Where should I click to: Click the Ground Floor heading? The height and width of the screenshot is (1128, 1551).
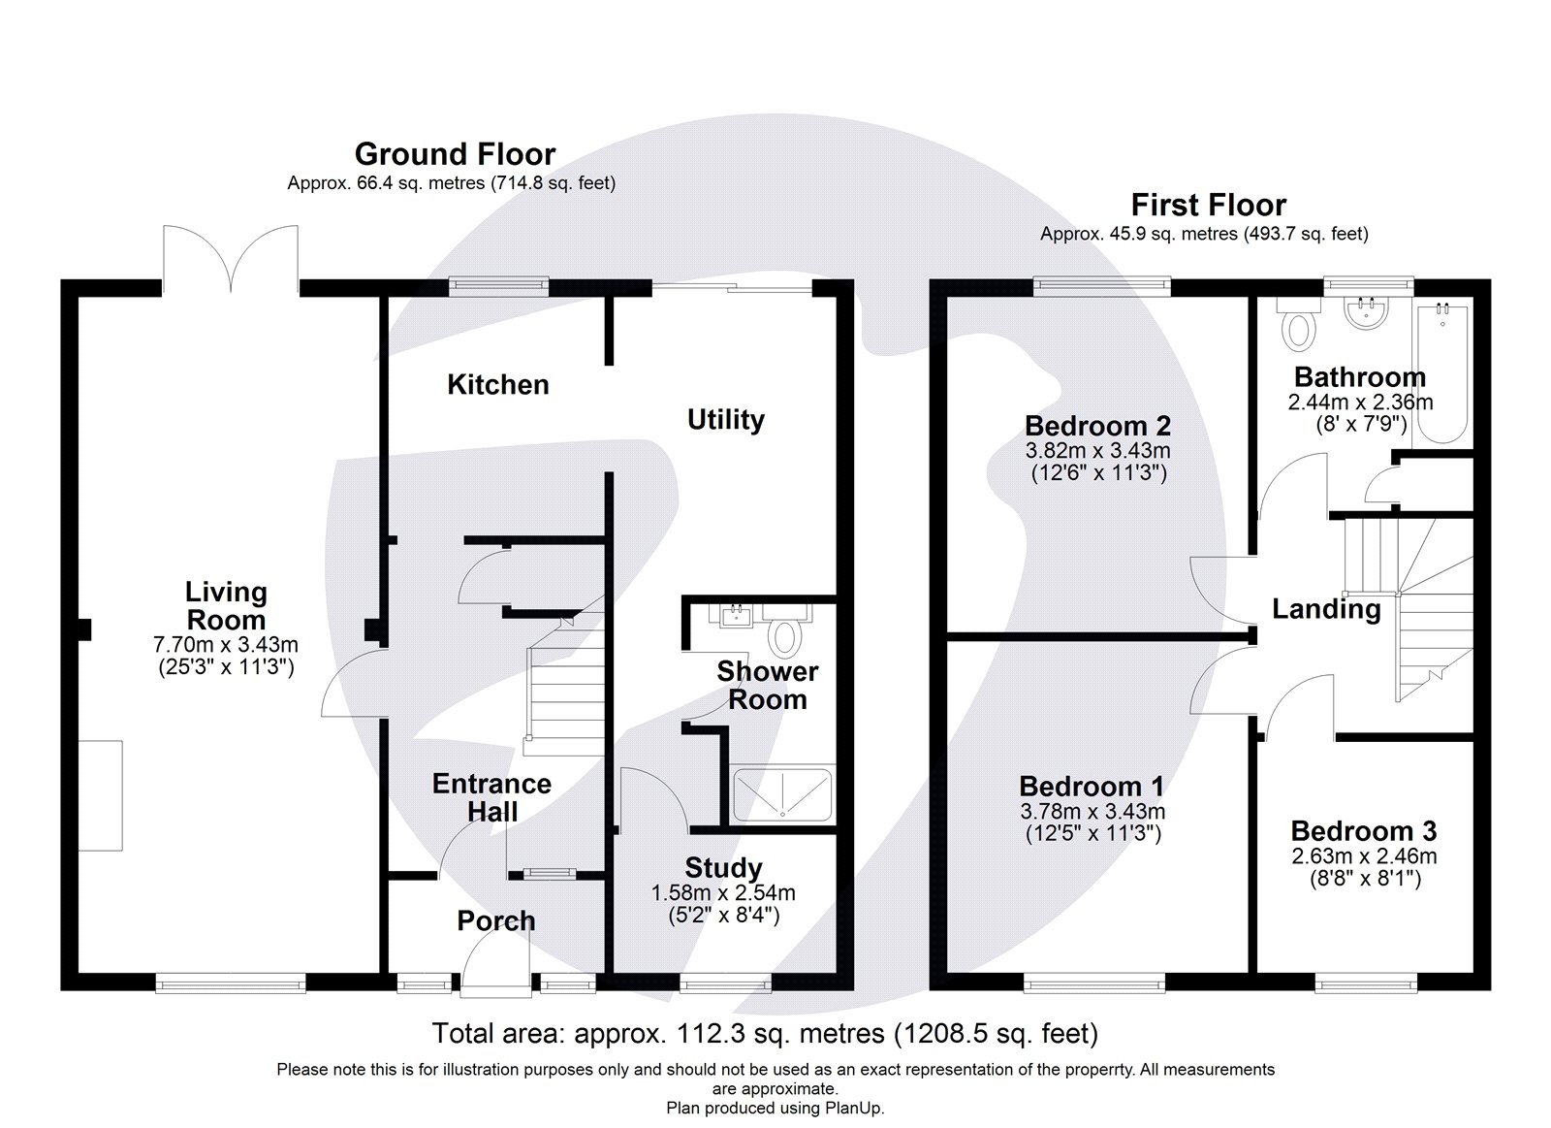tap(455, 154)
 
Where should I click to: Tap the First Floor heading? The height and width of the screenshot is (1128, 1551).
tap(1208, 205)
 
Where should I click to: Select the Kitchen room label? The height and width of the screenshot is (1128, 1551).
tap(497, 385)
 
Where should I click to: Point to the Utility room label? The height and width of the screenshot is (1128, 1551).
tap(725, 420)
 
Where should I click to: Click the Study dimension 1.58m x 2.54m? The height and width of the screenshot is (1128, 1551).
tap(722, 893)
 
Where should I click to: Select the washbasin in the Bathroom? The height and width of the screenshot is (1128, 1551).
tap(1367, 312)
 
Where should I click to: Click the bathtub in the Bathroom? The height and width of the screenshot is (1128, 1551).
tap(1441, 373)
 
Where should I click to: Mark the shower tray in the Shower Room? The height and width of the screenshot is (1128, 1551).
tap(782, 795)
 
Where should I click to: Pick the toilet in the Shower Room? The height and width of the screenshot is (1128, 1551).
tap(783, 636)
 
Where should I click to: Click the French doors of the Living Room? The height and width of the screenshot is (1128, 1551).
tap(231, 260)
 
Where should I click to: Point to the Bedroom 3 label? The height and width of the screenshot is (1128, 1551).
tap(1363, 831)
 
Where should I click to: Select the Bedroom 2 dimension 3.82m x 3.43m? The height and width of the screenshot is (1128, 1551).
tap(1097, 451)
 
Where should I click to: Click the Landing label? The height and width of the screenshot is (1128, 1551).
tap(1325, 609)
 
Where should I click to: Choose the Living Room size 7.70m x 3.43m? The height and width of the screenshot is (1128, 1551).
tap(225, 644)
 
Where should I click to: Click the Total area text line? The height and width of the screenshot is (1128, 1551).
tap(765, 1034)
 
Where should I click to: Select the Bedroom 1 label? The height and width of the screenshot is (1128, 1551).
tap(1092, 787)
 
